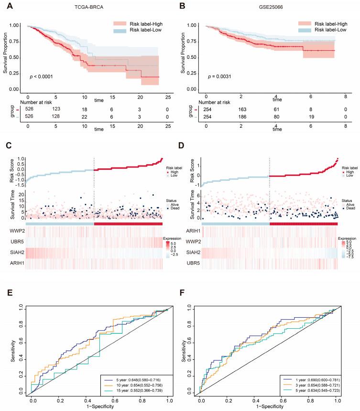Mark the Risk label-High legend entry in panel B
(x=318, y=23)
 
